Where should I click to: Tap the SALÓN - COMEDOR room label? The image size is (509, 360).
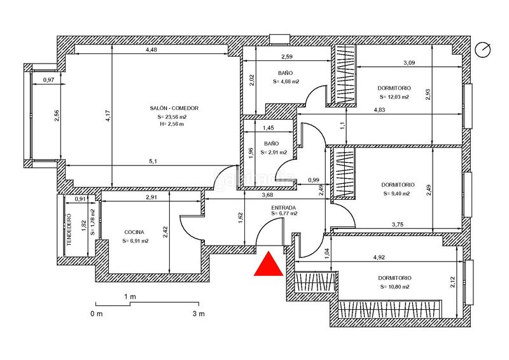tap(174, 108)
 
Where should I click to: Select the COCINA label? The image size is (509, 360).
tap(134, 232)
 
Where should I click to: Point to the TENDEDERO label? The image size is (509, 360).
tap(69, 229)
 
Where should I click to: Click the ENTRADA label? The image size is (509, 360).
tap(283, 207)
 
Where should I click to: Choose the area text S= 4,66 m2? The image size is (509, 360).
tap(286, 81)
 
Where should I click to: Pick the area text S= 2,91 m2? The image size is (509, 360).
tap(274, 152)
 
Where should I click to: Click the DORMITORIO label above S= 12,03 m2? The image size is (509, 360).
tap(394, 88)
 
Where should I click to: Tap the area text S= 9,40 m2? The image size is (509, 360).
tap(396, 193)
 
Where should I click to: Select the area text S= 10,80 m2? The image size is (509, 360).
tap(394, 287)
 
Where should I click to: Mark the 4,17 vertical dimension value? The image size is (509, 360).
tap(108, 116)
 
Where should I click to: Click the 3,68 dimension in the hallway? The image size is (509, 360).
tap(267, 195)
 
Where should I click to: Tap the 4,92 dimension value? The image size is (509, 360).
tap(379, 258)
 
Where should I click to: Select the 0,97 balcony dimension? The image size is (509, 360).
tap(48, 80)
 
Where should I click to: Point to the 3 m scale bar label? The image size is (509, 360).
tap(199, 314)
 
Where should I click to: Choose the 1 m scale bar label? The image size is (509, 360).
tap(130, 296)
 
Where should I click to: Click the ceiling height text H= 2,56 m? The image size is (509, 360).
tap(171, 124)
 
